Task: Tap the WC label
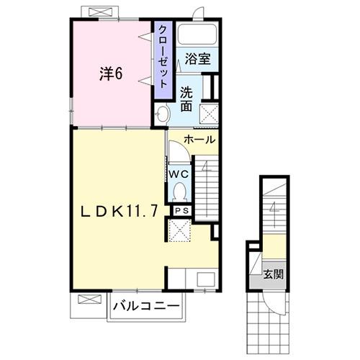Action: coord(179,174)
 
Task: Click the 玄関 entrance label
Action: coord(273,274)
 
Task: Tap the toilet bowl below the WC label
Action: coord(179,191)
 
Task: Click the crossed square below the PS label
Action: coord(179,230)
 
